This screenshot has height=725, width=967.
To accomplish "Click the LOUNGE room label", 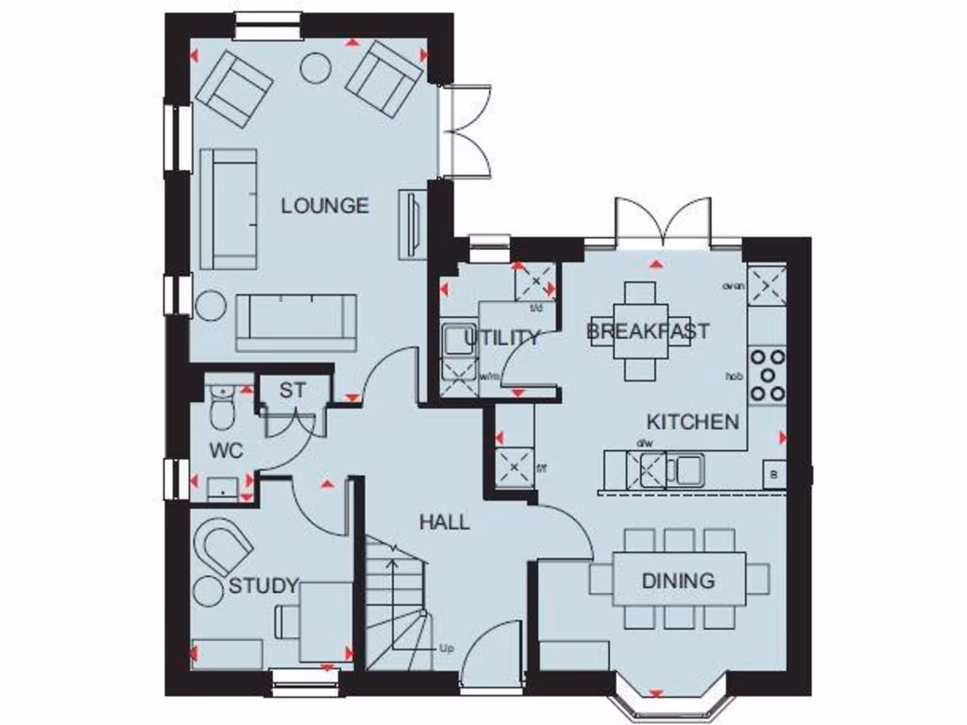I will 325,206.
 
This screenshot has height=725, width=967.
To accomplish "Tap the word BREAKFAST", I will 648,331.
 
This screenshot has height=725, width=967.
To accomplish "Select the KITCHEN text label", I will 692,421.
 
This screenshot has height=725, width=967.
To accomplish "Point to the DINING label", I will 678,581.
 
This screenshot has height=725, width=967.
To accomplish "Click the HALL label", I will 445,522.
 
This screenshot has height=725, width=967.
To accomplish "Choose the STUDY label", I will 263,585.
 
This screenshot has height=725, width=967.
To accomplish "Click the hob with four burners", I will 767,374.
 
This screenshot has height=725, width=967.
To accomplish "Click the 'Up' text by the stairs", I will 447,649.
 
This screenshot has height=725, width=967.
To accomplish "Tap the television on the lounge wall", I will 412,223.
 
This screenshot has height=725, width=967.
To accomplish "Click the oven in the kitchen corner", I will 767,285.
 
